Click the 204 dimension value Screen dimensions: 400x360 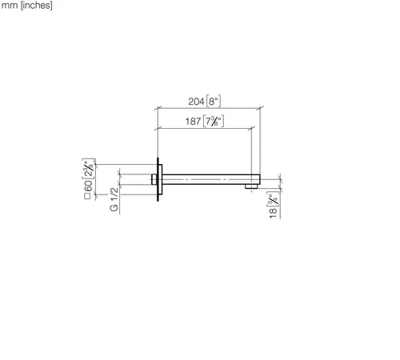[x=196, y=102]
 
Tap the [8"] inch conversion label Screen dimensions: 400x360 [x=214, y=102]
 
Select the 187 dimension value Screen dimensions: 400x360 [x=193, y=122]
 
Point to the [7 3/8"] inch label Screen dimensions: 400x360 [x=214, y=122]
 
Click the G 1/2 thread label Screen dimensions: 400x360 [x=114, y=199]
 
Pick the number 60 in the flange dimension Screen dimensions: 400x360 [x=88, y=186]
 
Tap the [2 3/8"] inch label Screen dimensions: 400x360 [x=88, y=169]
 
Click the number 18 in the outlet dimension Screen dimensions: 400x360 [x=273, y=213]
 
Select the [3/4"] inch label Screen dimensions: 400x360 [x=273, y=199]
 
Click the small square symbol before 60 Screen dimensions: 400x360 [x=87, y=196]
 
